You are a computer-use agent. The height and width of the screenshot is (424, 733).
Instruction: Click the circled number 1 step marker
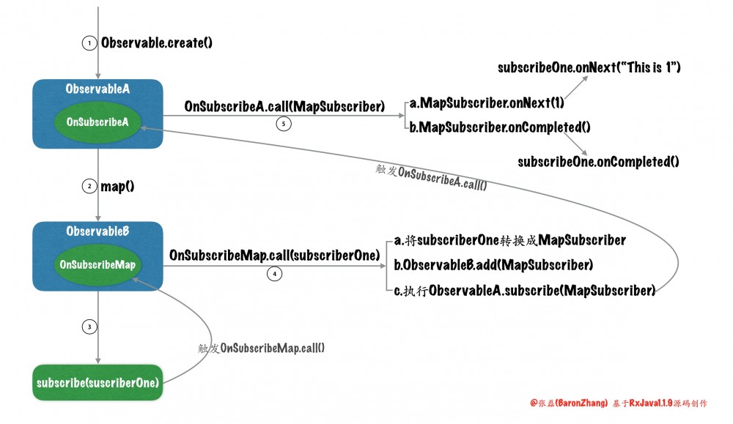(89, 43)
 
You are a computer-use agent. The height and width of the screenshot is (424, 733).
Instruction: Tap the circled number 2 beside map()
(89, 186)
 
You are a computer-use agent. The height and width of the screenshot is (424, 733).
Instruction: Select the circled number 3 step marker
(89, 327)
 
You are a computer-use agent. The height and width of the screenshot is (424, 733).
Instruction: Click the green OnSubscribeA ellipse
(97, 122)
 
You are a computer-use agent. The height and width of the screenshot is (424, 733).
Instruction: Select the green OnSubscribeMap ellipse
(98, 264)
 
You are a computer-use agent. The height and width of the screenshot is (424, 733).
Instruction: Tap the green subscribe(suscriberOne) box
(97, 382)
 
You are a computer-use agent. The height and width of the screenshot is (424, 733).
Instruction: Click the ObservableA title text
(97, 89)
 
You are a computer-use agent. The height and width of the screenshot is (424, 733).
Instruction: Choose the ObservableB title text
(97, 231)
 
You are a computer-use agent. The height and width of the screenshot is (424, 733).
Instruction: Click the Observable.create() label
(157, 43)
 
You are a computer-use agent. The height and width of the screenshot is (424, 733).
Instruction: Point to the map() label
(117, 186)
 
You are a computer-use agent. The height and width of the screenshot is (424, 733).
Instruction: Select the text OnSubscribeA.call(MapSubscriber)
(285, 108)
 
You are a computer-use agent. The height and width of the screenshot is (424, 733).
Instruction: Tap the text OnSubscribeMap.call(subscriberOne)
(274, 256)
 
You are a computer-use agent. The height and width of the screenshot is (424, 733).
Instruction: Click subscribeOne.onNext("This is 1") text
(589, 67)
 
